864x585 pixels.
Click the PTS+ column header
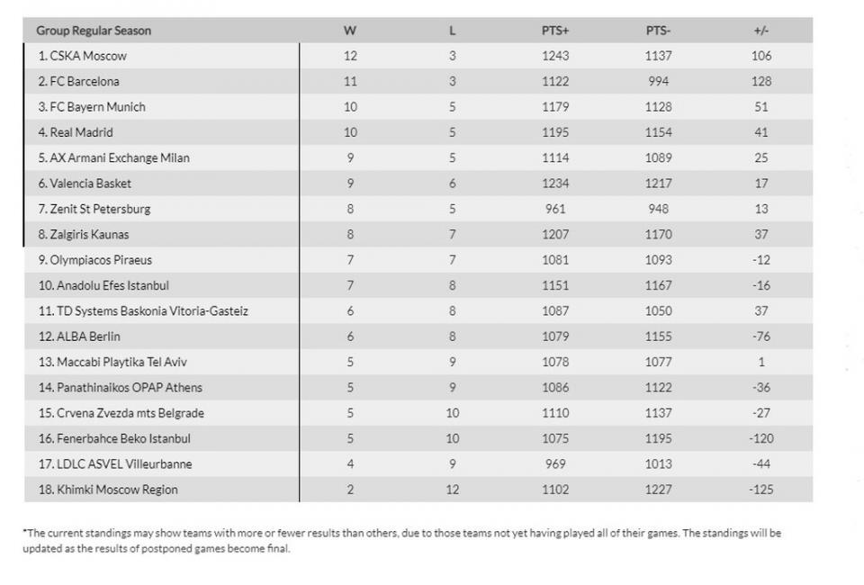pos(555,31)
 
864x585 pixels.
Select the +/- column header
pos(760,31)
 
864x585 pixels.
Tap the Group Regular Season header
pos(94,31)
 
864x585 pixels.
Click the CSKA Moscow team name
pos(82,56)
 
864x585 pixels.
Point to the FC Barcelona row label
pos(78,81)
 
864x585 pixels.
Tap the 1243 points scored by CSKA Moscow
pos(555,56)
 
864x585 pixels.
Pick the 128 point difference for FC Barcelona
pos(760,81)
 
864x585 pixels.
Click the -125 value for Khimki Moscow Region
pos(760,490)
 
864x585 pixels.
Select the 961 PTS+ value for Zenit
pos(555,209)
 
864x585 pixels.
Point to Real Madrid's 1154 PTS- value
pos(658,132)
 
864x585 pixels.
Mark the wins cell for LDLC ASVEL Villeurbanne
pos(350,464)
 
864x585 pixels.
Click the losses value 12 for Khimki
pos(452,490)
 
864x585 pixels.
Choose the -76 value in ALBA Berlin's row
pos(760,337)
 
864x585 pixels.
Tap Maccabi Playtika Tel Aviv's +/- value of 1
pos(760,362)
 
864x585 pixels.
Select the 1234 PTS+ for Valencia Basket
pos(555,184)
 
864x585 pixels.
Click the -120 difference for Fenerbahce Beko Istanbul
pos(760,438)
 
